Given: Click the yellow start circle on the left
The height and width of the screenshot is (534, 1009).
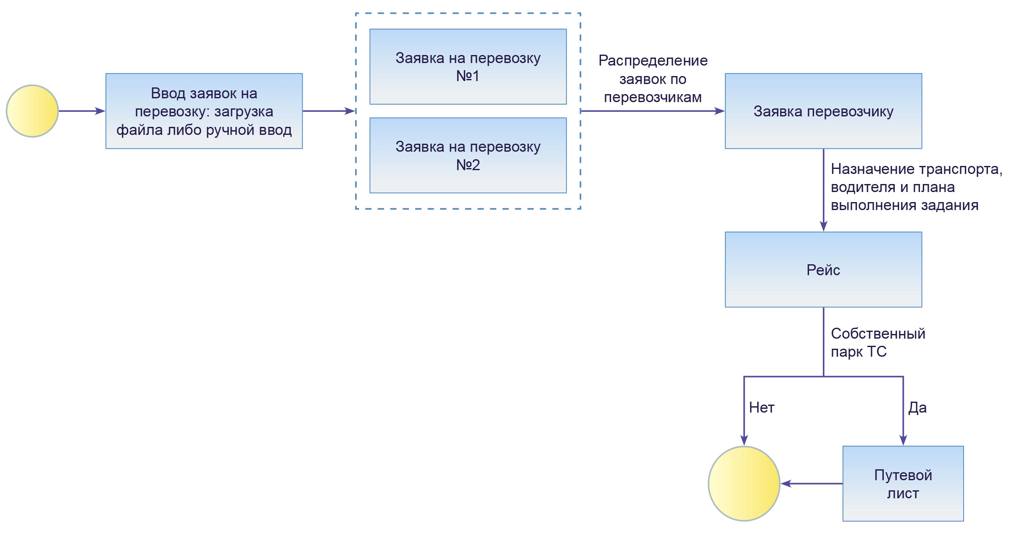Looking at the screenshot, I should click(x=32, y=111).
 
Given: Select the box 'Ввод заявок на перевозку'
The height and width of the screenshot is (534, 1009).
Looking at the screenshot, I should click(x=204, y=111).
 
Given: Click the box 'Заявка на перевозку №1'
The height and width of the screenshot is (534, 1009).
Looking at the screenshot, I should click(x=468, y=66).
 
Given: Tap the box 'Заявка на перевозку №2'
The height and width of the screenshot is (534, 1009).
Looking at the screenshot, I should click(x=468, y=155).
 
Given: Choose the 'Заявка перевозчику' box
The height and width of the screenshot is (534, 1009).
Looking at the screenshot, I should click(x=823, y=111).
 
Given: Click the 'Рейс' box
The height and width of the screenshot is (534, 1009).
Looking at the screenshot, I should click(x=823, y=269).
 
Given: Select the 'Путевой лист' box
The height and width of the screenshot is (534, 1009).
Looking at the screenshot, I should click(x=903, y=484).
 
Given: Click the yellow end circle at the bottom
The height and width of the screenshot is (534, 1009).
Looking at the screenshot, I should click(x=744, y=484).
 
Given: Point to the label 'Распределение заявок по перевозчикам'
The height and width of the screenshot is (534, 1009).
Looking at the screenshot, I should click(x=653, y=79).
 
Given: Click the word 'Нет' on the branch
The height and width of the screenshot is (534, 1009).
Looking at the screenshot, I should click(x=761, y=407).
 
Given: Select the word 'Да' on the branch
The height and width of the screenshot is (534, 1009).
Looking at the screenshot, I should click(x=917, y=407).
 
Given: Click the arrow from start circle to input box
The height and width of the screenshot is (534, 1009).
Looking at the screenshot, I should click(x=82, y=111).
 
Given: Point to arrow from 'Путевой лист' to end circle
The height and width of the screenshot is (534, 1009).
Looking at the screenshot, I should click(x=811, y=484).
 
